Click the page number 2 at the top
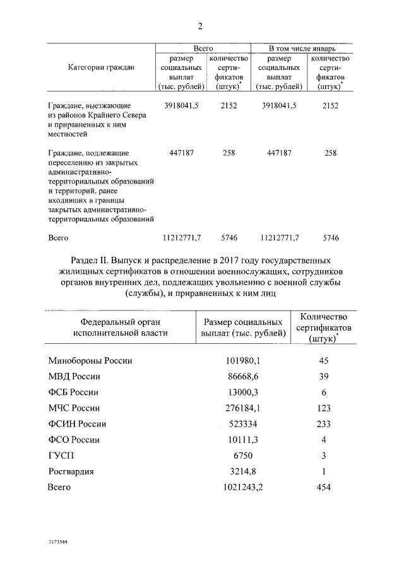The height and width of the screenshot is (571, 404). [201, 26]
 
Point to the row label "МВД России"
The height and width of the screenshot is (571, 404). [74, 377]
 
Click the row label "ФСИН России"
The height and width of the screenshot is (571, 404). [77, 424]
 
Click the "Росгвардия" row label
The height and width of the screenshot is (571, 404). [73, 471]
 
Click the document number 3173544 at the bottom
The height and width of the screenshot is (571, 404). [57, 542]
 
